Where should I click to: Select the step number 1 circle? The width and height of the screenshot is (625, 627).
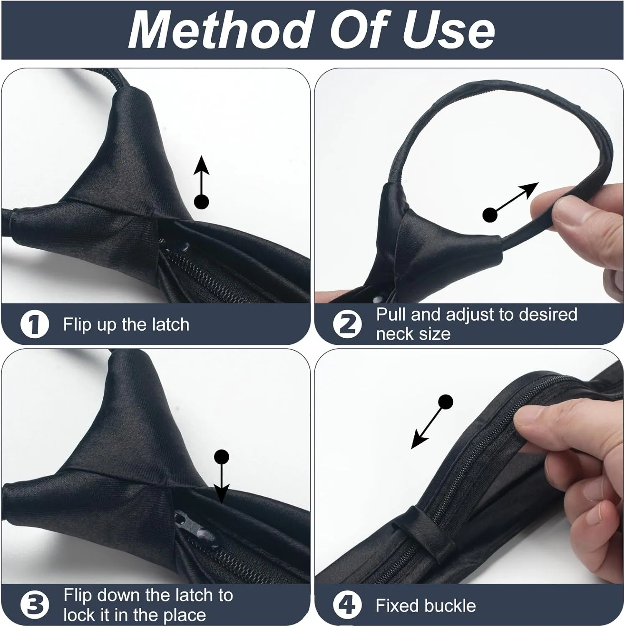coord(35,325)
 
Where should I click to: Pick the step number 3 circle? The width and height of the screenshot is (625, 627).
coord(35,604)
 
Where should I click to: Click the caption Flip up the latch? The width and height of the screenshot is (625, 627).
coord(126,325)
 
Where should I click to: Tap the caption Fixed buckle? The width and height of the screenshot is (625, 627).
coord(426,606)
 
